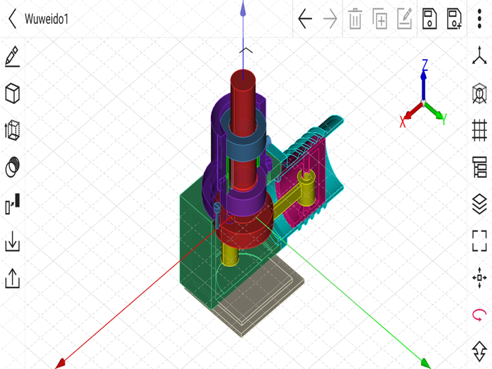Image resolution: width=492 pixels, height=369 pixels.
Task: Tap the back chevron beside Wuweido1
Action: [12, 19]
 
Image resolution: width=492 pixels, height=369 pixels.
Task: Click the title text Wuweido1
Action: [47, 19]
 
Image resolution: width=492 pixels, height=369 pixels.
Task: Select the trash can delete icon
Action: [355, 19]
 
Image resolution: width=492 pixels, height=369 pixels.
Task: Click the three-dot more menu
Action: [479, 19]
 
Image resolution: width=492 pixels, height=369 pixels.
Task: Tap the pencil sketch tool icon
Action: [12, 56]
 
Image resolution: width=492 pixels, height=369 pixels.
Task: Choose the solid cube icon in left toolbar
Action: [12, 93]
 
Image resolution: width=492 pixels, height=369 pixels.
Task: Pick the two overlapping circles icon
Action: [12, 167]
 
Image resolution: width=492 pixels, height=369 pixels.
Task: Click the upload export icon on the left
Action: [12, 278]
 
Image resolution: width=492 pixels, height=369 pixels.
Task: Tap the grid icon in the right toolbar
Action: [479, 130]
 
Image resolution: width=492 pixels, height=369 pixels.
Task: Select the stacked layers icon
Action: [479, 204]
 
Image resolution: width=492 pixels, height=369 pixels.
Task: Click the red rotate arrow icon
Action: [479, 314]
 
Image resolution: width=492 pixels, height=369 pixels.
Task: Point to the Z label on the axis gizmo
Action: [425, 65]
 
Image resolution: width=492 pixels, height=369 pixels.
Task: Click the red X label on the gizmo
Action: [403, 122]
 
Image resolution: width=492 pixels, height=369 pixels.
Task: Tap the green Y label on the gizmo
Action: [444, 119]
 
